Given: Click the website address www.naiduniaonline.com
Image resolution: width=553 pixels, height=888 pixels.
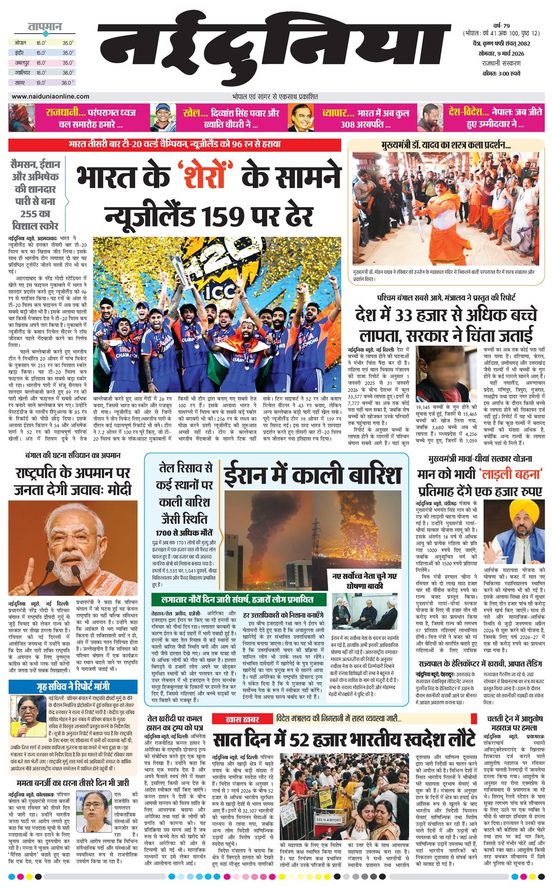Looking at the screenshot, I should point(50,96).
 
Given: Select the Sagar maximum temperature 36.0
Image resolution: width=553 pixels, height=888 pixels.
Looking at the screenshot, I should point(67,83).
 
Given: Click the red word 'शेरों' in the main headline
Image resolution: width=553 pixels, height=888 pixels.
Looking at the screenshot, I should point(204,177).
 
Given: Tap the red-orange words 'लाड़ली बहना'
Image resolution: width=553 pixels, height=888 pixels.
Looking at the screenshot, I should point(509,474).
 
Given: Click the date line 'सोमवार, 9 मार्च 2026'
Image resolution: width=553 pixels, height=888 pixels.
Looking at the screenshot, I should point(501,53).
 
